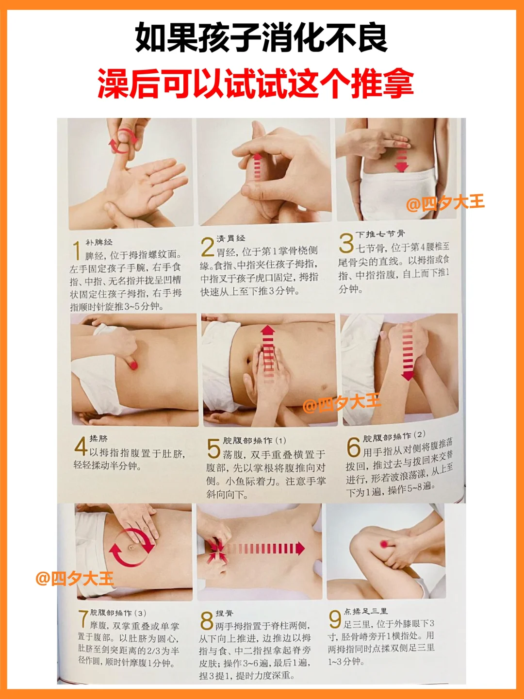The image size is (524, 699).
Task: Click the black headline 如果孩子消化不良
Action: [261, 38]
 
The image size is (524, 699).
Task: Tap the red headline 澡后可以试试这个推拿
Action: [256, 83]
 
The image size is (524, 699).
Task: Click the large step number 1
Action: [77, 250]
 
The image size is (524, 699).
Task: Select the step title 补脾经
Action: [98, 242]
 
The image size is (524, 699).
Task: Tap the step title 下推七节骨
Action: [380, 234]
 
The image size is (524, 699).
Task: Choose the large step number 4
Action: [81, 446]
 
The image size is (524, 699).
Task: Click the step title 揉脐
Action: [98, 438]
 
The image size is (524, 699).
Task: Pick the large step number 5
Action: [213, 448]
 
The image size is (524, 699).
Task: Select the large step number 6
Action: [353, 447]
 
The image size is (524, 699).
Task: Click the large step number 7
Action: [82, 618]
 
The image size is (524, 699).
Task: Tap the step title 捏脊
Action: [225, 613]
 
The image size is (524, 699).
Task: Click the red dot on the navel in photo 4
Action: [133, 365]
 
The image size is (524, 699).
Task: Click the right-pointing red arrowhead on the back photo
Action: [300, 549]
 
